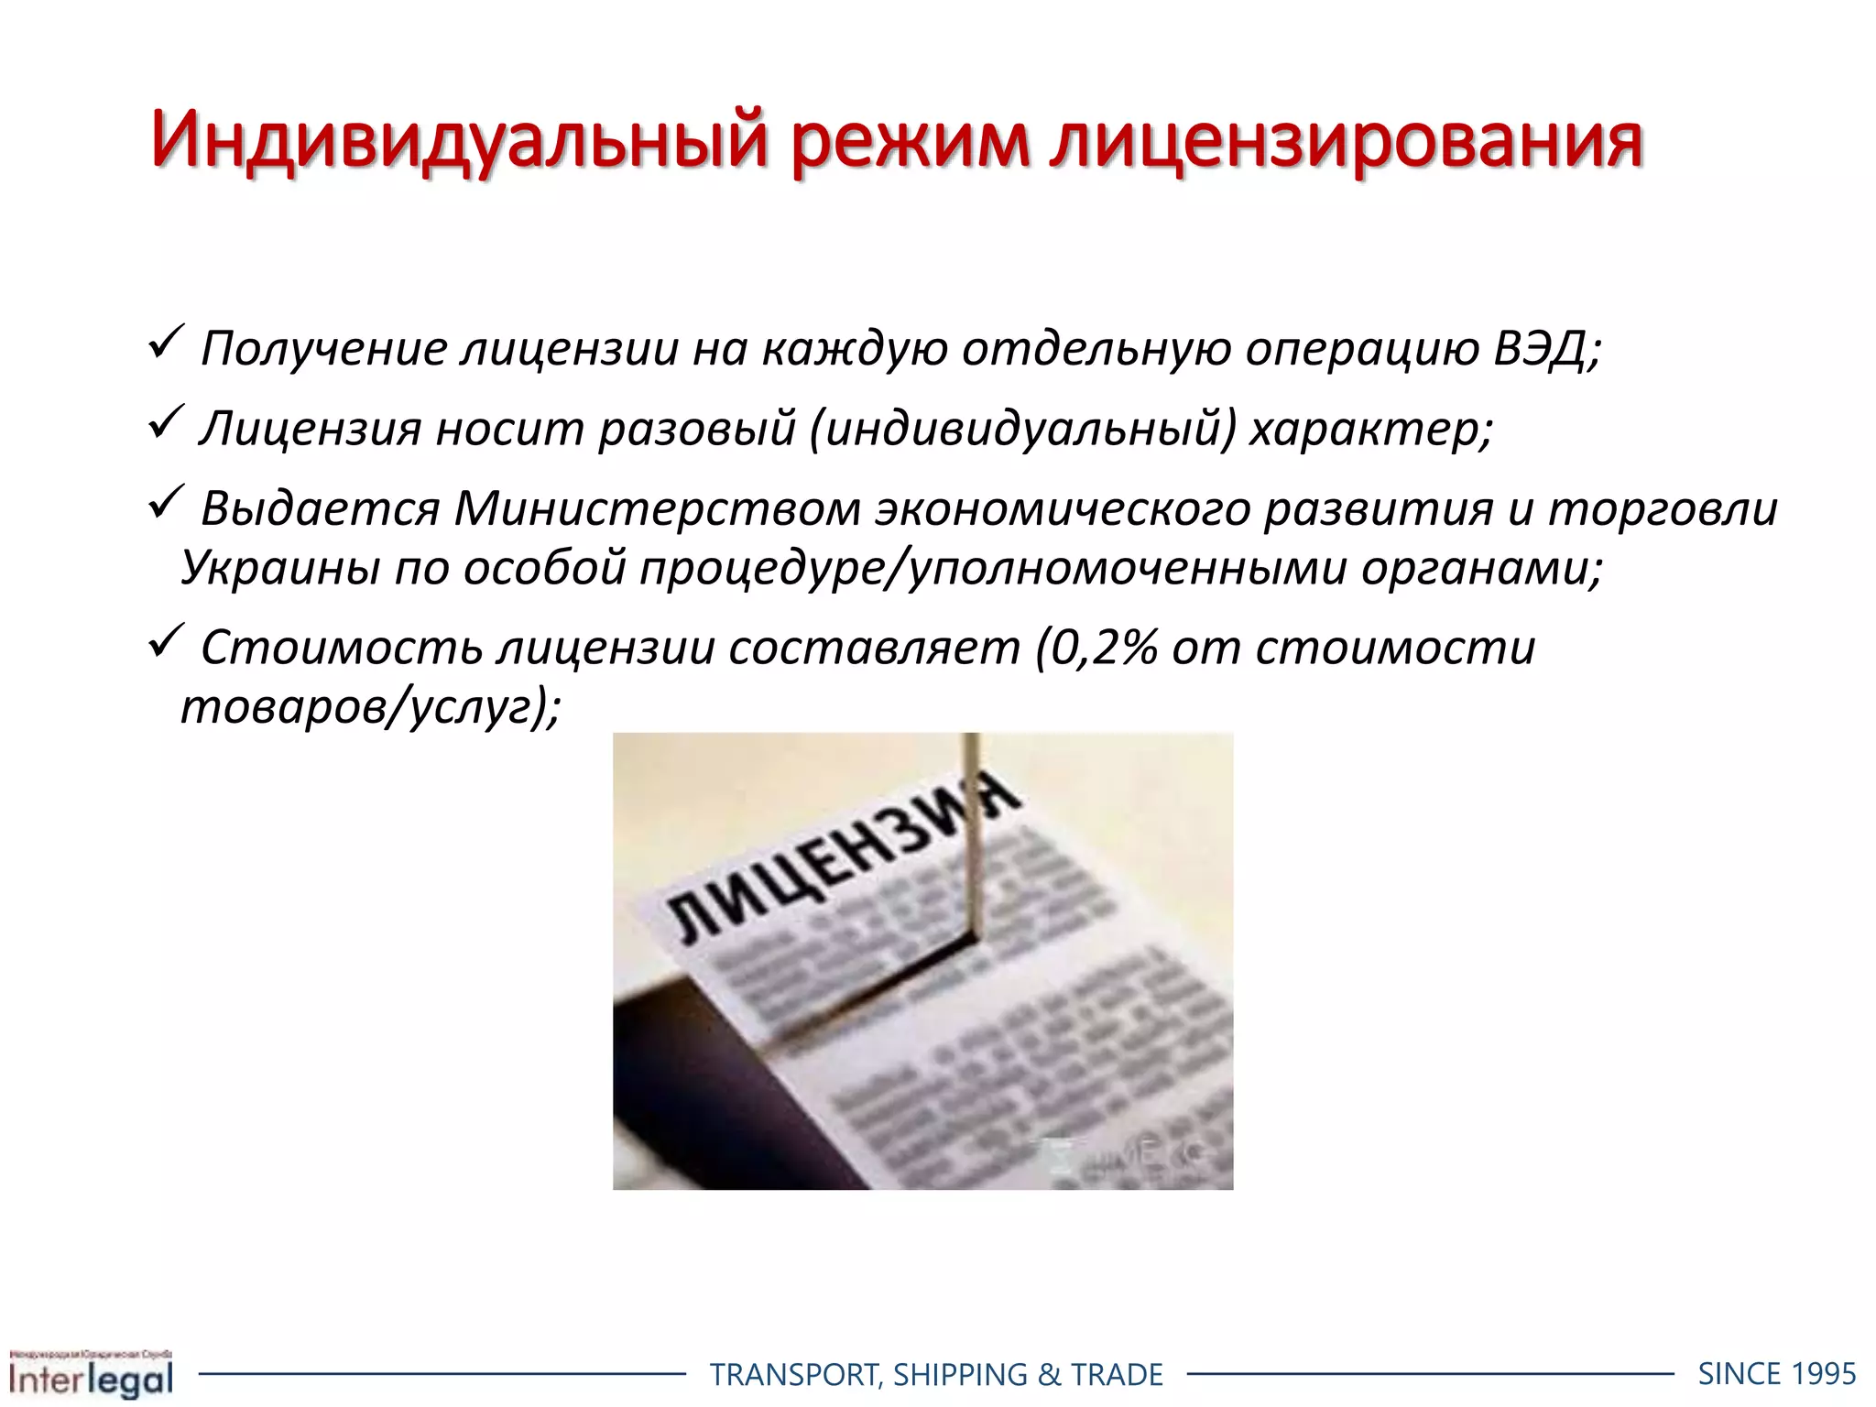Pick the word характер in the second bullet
(1370, 429)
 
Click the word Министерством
(657, 509)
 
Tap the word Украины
(279, 568)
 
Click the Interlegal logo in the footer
(91, 1373)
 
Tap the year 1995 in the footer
(1823, 1374)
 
